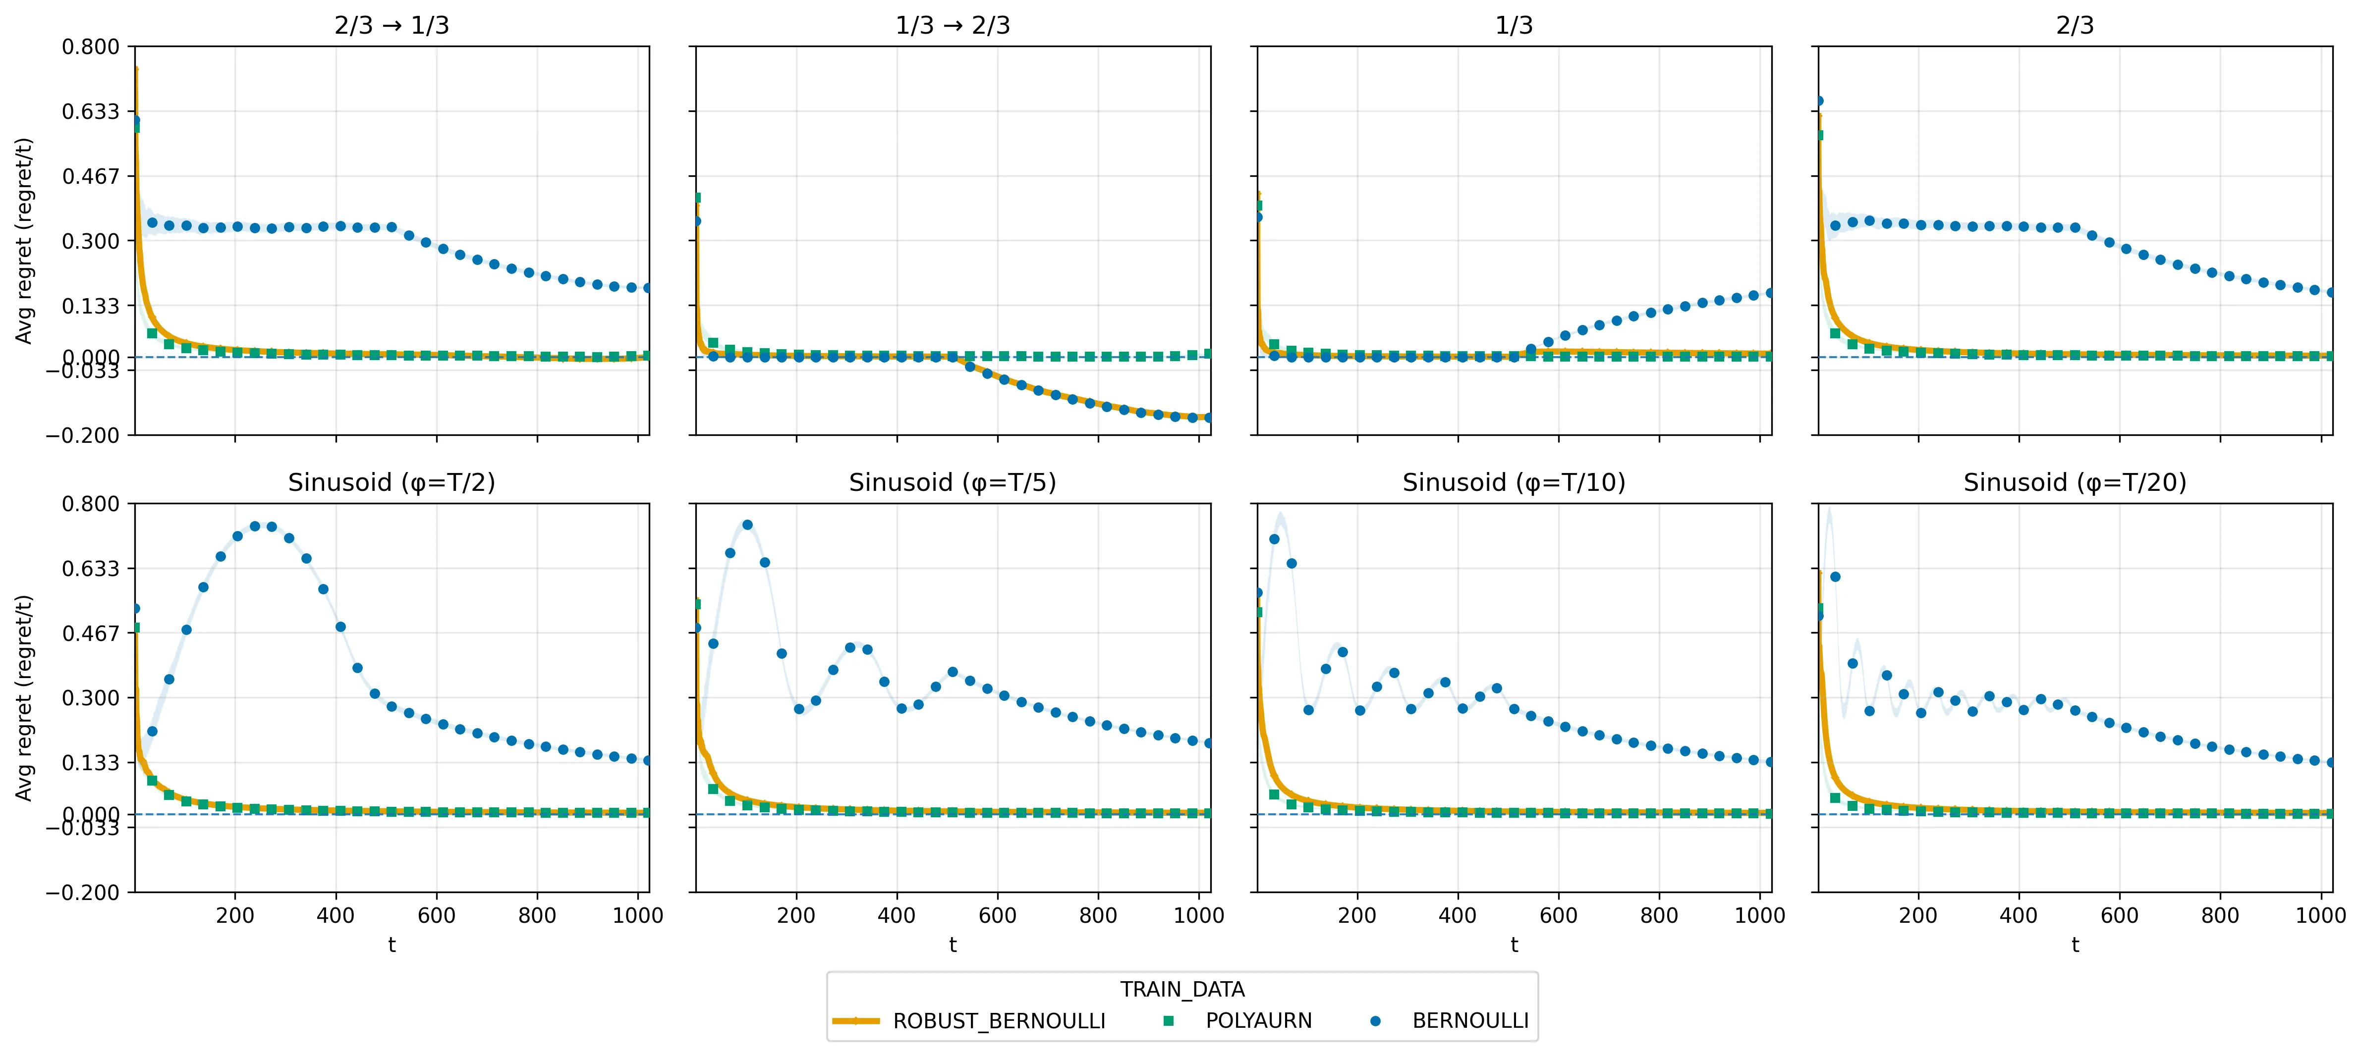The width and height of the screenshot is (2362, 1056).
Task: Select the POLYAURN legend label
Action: [1258, 1021]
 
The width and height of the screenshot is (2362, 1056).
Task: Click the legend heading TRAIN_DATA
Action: [1182, 990]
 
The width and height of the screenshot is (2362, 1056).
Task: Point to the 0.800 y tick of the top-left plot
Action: [91, 47]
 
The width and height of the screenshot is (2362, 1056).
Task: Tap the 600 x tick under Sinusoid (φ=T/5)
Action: [998, 916]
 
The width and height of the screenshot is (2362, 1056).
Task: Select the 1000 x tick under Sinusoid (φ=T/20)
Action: [2320, 916]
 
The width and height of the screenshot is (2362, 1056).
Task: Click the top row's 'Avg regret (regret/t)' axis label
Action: [24, 240]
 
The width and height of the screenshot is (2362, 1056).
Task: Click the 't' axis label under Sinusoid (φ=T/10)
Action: [1514, 945]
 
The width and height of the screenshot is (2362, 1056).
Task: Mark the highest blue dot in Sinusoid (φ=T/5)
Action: [747, 525]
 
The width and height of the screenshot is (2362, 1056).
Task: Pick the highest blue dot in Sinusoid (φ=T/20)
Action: [1835, 577]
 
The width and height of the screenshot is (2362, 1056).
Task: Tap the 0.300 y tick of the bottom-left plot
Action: [91, 697]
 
